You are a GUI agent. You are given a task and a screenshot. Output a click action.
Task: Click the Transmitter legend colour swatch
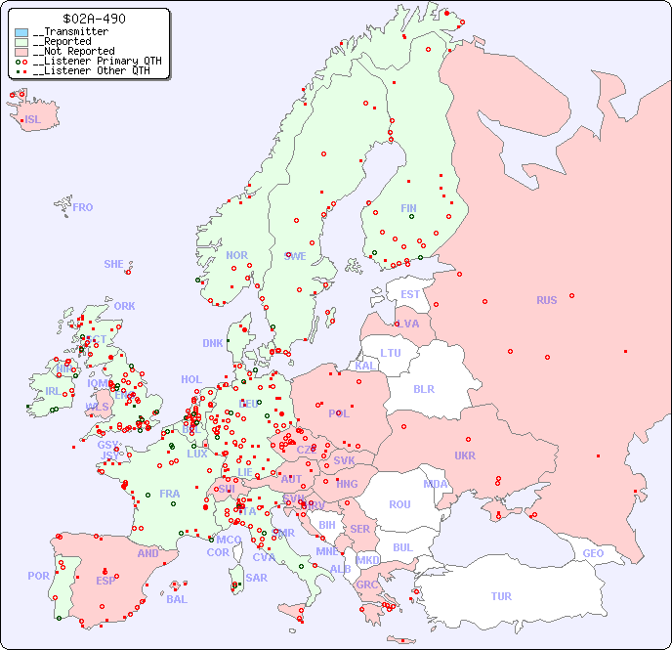click(21, 32)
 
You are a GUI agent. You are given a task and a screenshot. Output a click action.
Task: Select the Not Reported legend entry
click(73, 51)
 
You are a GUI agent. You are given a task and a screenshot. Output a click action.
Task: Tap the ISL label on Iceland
click(33, 119)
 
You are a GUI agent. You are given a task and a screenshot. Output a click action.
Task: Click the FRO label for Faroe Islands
click(83, 207)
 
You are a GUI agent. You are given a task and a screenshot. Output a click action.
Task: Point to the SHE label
click(114, 264)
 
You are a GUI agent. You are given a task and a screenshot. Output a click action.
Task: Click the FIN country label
click(408, 208)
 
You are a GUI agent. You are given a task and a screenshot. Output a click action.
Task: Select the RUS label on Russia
click(546, 300)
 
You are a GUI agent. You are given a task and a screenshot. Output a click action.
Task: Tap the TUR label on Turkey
click(501, 596)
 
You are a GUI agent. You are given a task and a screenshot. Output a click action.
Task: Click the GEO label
click(593, 553)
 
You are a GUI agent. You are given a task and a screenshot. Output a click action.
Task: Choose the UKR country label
click(465, 455)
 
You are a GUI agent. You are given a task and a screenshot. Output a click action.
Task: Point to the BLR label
click(424, 388)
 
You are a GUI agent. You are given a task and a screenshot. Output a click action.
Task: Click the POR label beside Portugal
click(38, 576)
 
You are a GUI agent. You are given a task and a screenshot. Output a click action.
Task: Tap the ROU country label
click(399, 504)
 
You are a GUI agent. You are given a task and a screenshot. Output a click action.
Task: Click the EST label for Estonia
click(410, 294)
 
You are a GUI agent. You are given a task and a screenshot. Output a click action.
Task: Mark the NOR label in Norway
click(236, 255)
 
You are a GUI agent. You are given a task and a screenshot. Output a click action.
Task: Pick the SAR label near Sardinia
click(256, 578)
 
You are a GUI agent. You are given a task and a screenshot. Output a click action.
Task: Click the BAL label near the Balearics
click(177, 599)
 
